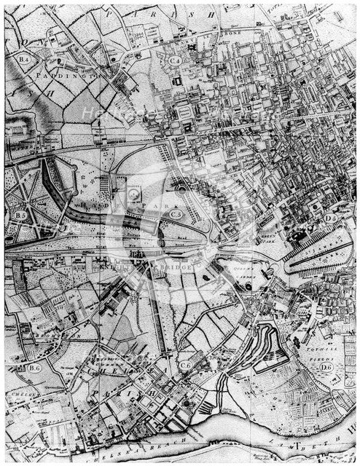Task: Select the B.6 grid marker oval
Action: tap(34, 368)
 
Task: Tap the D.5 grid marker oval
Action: tap(330, 218)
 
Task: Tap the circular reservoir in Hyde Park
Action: tap(136, 194)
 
